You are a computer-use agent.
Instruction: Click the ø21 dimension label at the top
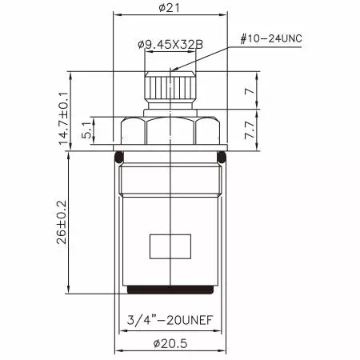point(169,8)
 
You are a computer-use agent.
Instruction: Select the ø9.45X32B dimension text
point(170,44)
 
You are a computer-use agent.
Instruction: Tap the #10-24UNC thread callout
point(271,38)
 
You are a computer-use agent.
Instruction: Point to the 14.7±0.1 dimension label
point(63,118)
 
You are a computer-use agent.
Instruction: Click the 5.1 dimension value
point(87,130)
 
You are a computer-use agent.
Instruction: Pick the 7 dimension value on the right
point(250,91)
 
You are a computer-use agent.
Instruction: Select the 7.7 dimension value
point(250,130)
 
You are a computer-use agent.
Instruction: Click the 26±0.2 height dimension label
point(62,222)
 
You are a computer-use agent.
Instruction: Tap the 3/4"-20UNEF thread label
point(170,319)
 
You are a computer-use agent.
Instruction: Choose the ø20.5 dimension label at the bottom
point(170,343)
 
